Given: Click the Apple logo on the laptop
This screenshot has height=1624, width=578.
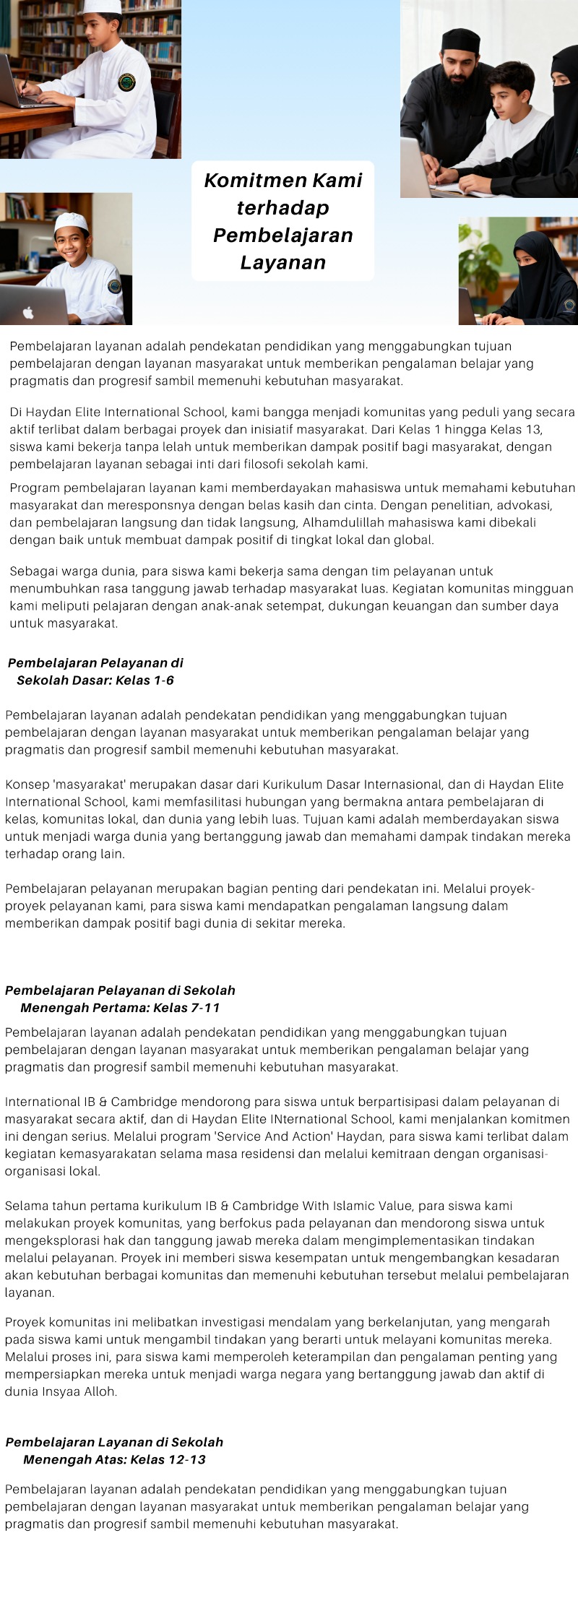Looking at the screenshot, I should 28,313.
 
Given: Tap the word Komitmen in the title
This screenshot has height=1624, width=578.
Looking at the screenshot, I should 245,180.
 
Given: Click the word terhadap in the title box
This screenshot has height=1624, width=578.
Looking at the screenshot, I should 282,208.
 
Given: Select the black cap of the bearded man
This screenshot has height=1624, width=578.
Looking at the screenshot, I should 460,40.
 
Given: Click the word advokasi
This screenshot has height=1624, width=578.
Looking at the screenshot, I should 525,505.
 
